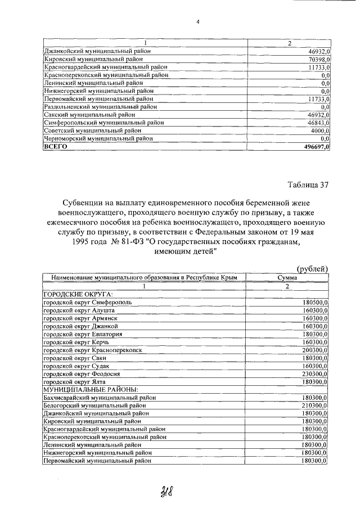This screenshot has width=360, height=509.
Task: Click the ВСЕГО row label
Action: coord(56,146)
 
